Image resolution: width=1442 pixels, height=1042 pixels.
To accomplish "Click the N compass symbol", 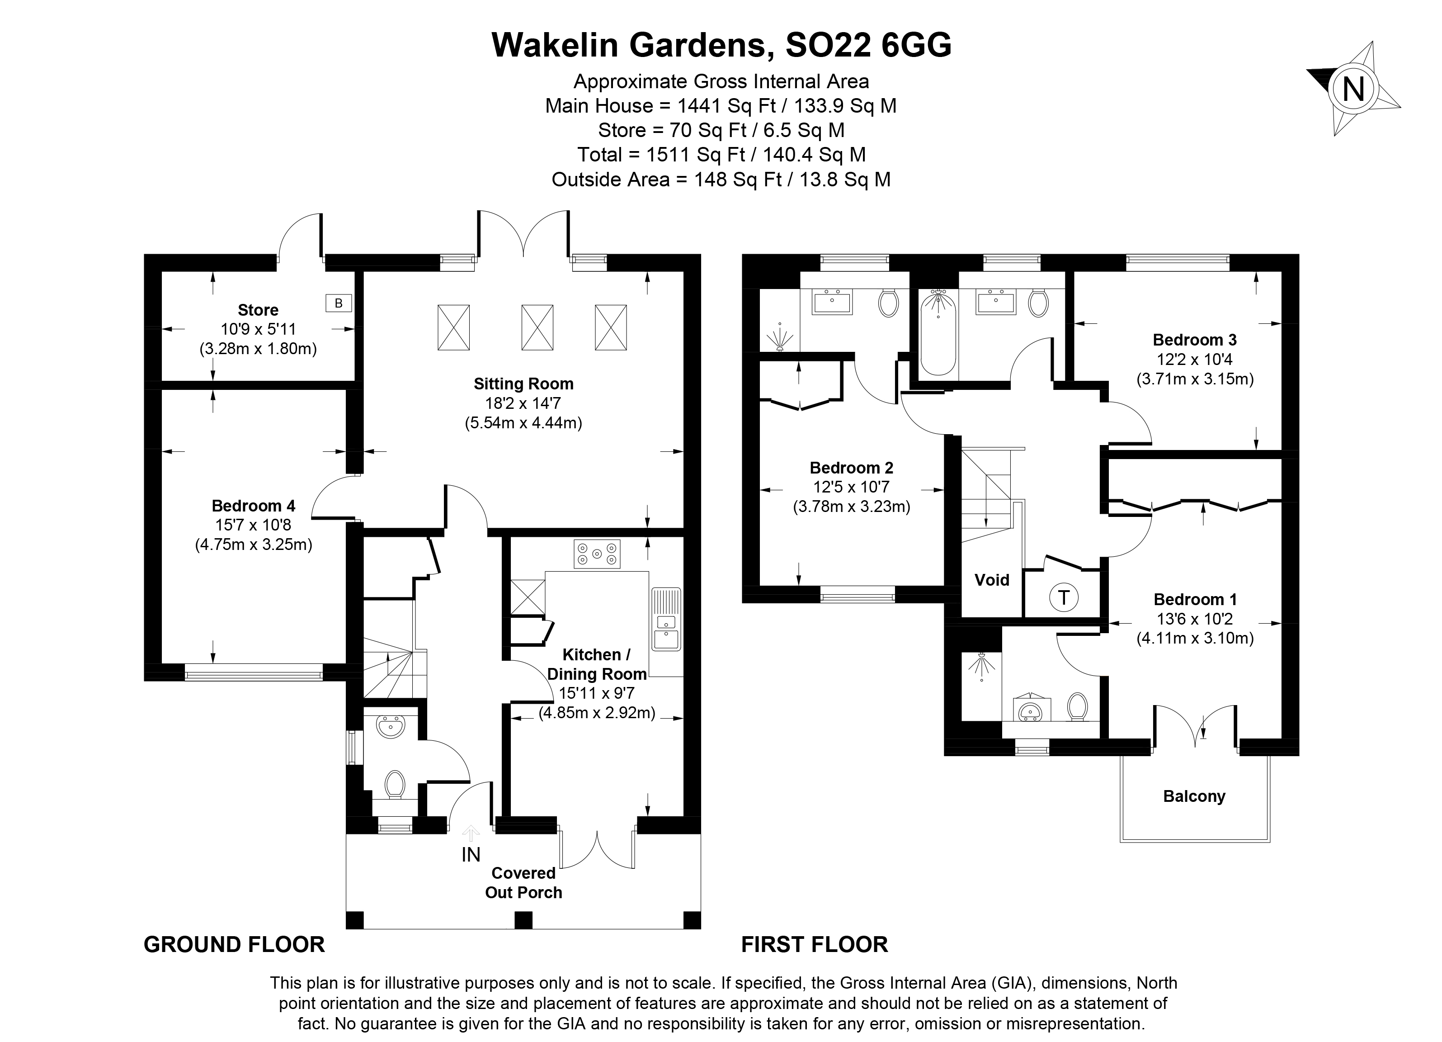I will point(1352,89).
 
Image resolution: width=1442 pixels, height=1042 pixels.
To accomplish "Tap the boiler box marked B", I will point(338,303).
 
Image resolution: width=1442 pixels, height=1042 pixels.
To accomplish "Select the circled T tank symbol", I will point(1063,597).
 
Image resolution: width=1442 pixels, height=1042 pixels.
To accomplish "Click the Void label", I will point(992,579).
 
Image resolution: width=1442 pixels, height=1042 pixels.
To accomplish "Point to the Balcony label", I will point(1193,796).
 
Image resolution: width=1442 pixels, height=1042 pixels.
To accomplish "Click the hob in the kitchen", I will point(596,554).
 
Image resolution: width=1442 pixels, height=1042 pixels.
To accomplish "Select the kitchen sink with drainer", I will point(666,619).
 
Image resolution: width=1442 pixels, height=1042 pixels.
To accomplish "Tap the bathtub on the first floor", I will point(938,332).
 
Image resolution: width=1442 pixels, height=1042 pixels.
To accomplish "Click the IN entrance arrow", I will point(471,834).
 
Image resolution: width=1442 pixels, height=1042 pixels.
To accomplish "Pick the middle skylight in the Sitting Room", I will point(537,327).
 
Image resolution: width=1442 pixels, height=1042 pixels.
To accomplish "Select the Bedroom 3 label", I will point(1194,340).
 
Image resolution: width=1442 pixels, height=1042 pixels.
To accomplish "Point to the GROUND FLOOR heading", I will point(234,945).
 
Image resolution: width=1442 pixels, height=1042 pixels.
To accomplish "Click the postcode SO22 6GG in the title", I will point(868,45).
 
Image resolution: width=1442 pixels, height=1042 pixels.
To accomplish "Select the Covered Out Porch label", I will point(523,882).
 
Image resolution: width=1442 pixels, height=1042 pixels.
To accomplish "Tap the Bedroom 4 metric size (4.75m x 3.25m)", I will point(253,545).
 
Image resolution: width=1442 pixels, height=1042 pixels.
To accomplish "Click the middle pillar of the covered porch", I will point(523,920).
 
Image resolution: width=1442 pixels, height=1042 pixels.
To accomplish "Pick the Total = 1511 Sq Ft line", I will point(721,155).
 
